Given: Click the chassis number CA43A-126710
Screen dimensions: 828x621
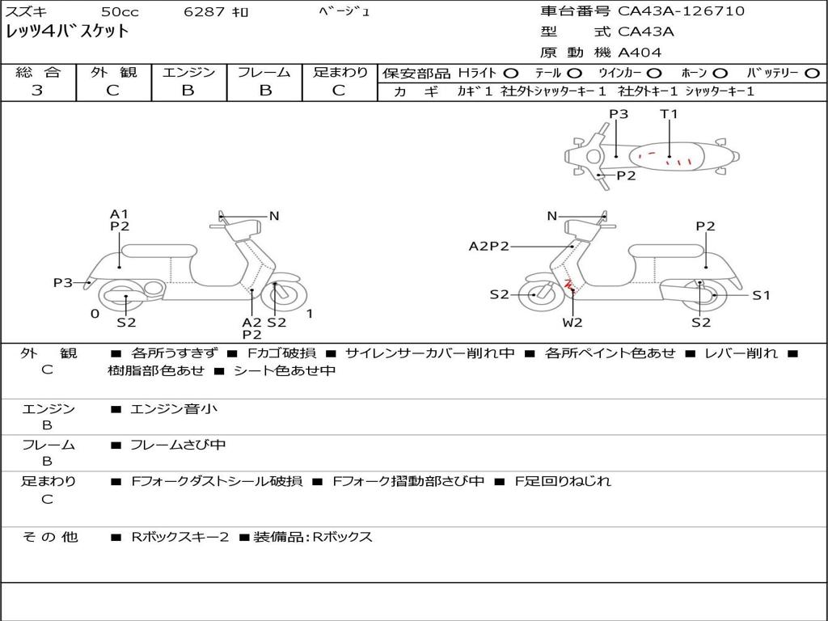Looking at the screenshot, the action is tap(681, 11).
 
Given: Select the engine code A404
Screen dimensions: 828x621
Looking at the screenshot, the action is tap(640, 53).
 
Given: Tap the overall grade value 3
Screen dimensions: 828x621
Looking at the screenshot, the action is tap(37, 91).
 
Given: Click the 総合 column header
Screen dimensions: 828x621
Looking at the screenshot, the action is tap(38, 72).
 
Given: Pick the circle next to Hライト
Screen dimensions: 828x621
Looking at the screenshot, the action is tap(511, 74).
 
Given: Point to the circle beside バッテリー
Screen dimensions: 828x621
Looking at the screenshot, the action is tap(812, 74).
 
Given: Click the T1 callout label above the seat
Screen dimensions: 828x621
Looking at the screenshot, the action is tap(669, 113).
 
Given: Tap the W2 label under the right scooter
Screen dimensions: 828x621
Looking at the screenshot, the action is tap(572, 322).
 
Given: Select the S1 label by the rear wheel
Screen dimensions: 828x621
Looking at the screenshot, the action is tap(761, 295).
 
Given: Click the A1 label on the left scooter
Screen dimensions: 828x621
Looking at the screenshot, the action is tap(120, 213).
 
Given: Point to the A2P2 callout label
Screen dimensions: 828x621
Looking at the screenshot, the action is tap(489, 246).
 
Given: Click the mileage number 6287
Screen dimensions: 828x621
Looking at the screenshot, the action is tap(205, 11).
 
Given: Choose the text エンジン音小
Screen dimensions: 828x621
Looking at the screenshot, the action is tap(173, 408).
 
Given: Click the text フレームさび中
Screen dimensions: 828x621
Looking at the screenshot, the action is tap(178, 446).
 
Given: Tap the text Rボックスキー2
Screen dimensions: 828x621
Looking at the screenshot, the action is tap(180, 537).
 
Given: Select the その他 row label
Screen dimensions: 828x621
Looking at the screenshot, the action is tap(49, 537).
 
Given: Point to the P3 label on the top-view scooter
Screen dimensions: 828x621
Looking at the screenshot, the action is tap(619, 113).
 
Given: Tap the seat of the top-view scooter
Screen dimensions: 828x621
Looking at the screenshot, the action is tap(667, 156).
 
